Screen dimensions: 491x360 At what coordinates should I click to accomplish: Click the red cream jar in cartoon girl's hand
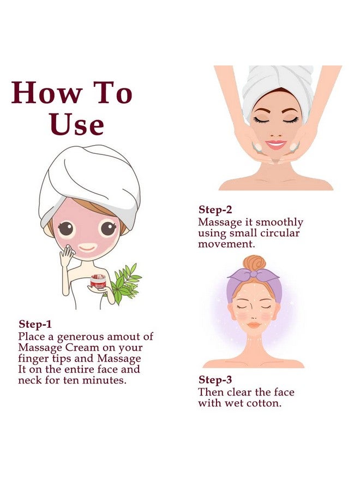point(99,282)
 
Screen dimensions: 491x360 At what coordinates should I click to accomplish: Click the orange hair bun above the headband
point(254,264)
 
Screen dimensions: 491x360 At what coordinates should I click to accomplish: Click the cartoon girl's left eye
point(67,228)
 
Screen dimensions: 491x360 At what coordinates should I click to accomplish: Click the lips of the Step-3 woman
point(254,325)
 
